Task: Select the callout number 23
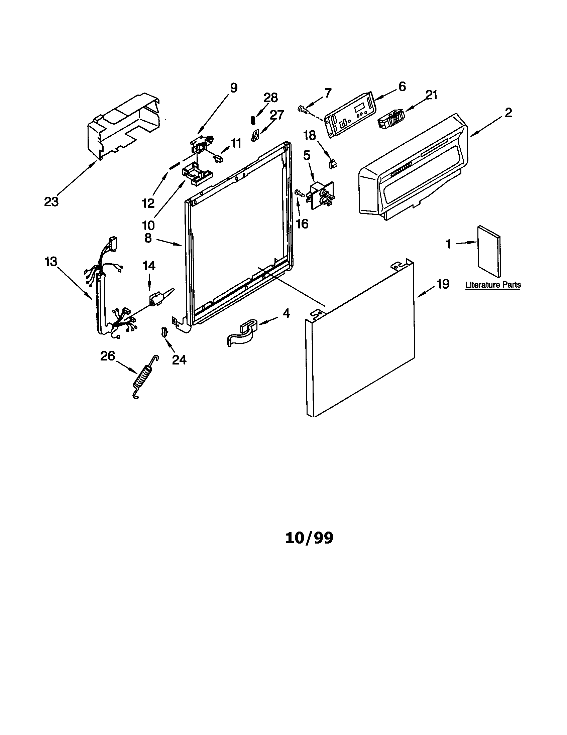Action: [51, 202]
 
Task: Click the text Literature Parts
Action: [493, 285]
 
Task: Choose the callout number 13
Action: [51, 262]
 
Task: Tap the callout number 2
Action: [508, 112]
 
